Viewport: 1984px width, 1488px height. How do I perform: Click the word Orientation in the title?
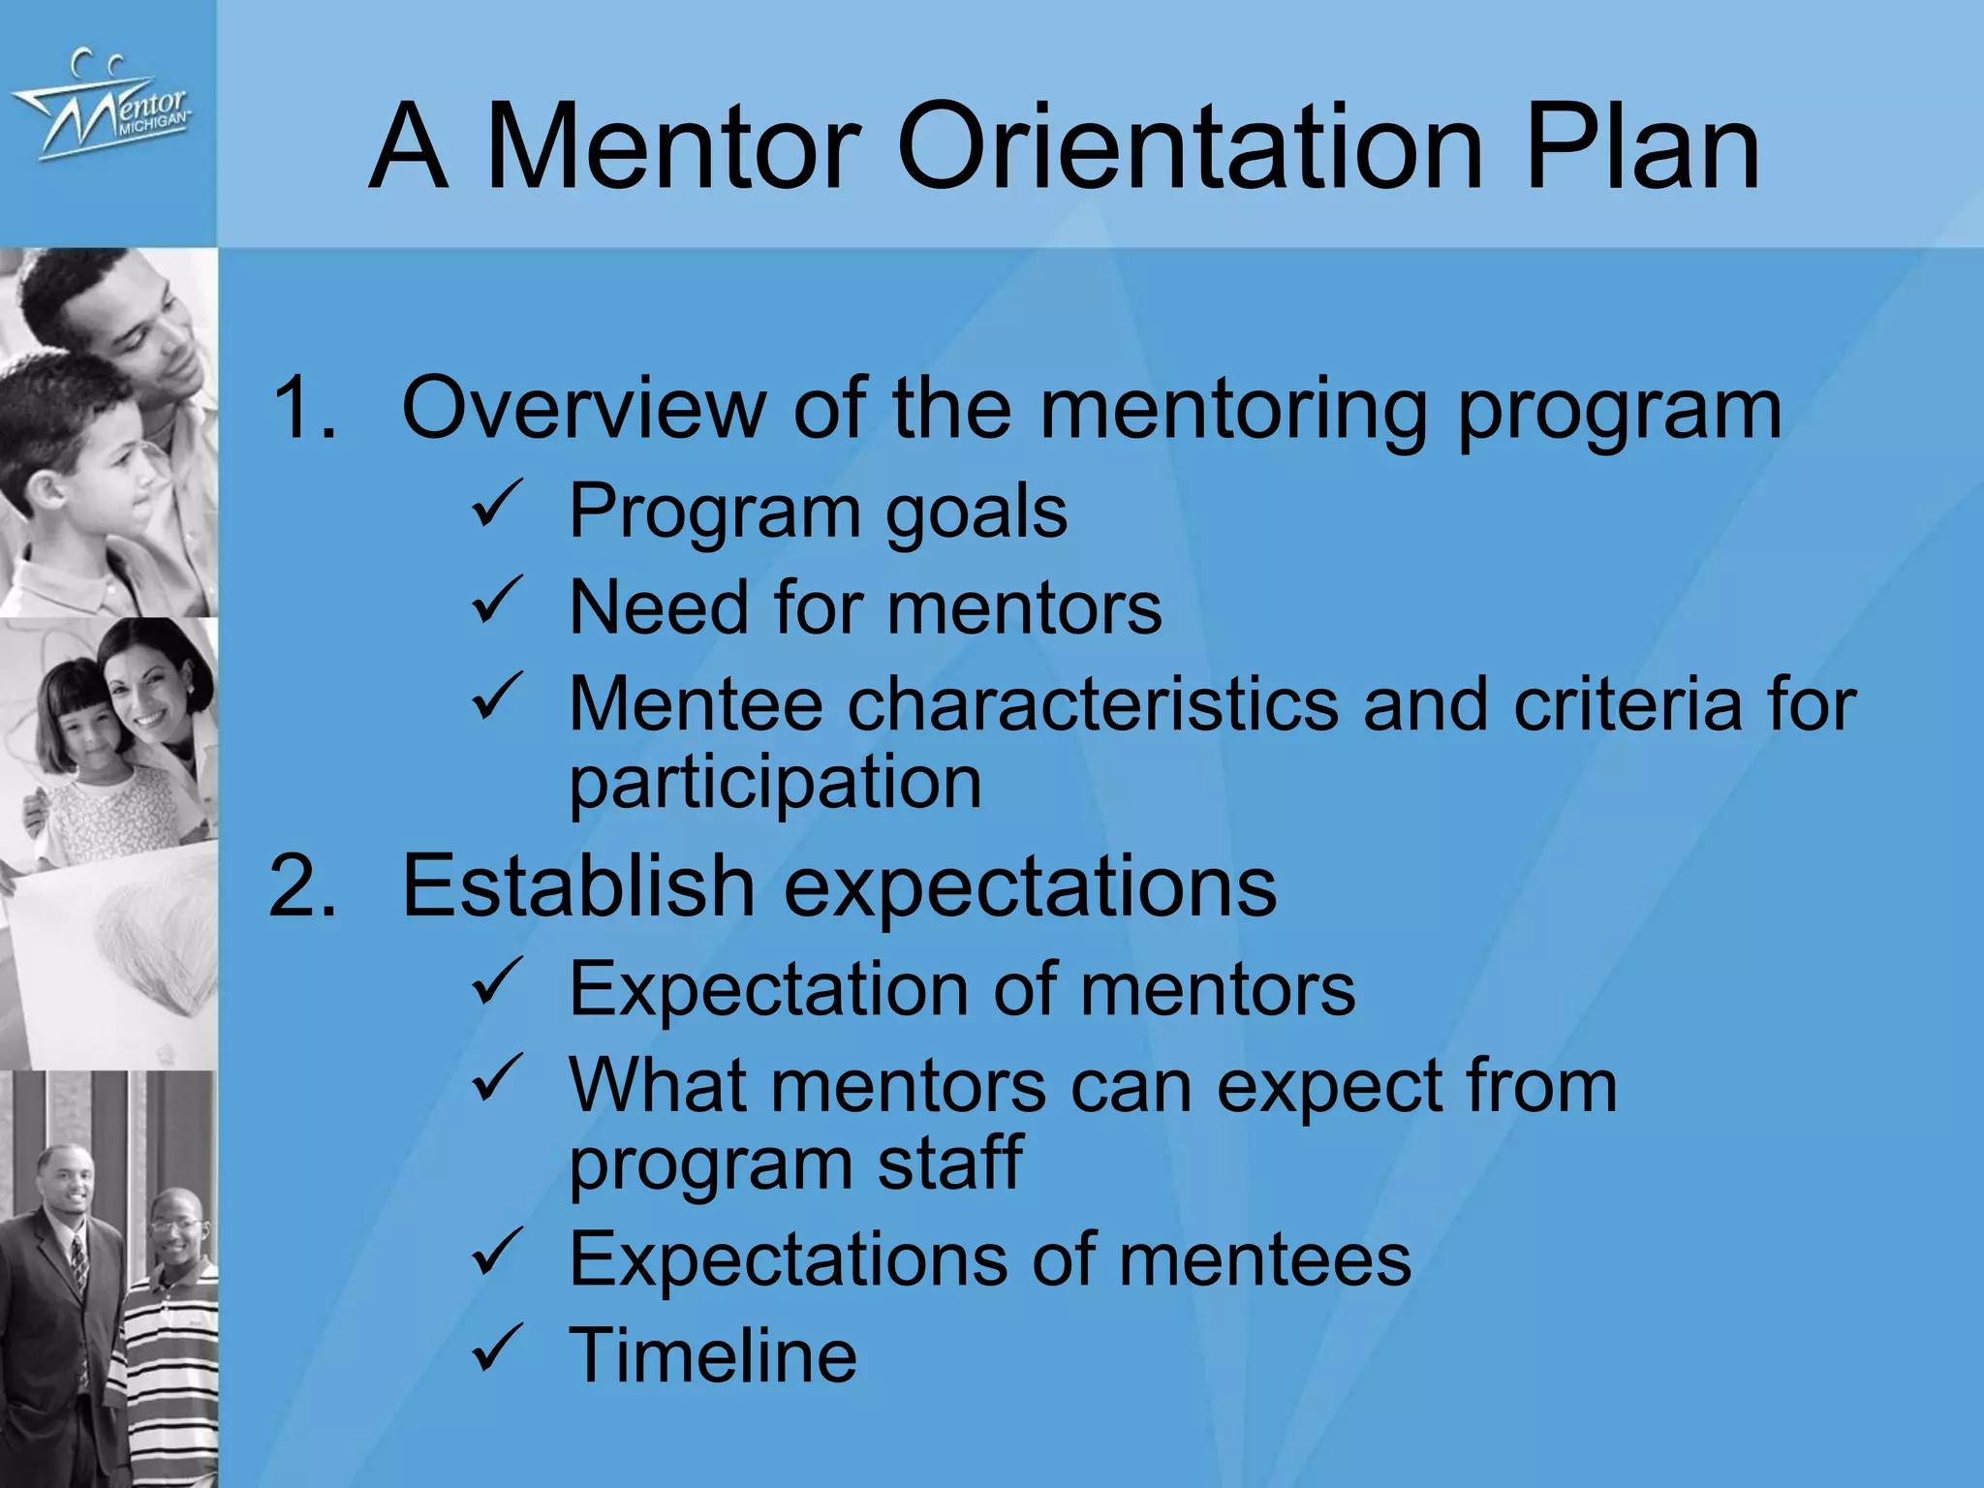click(1190, 147)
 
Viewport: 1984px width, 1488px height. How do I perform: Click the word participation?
click(775, 783)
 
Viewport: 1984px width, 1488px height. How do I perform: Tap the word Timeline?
click(713, 1354)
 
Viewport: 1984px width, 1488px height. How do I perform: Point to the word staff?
click(949, 1162)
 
